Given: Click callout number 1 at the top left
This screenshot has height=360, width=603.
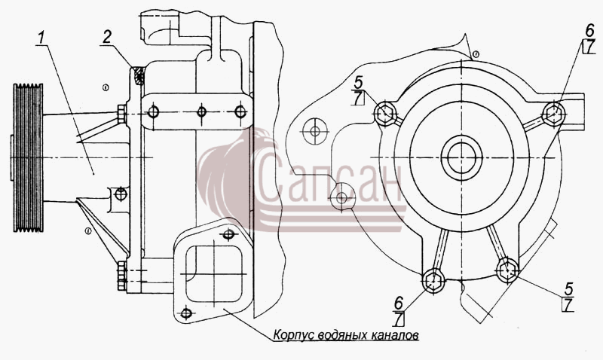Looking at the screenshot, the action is click(x=41, y=38).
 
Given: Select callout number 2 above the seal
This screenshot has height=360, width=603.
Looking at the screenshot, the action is click(x=106, y=37).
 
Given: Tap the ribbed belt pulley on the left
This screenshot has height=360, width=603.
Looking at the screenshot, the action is click(x=28, y=157).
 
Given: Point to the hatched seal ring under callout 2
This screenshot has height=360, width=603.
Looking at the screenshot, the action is click(x=139, y=75).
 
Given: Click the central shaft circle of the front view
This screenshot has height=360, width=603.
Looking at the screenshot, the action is click(x=461, y=157).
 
